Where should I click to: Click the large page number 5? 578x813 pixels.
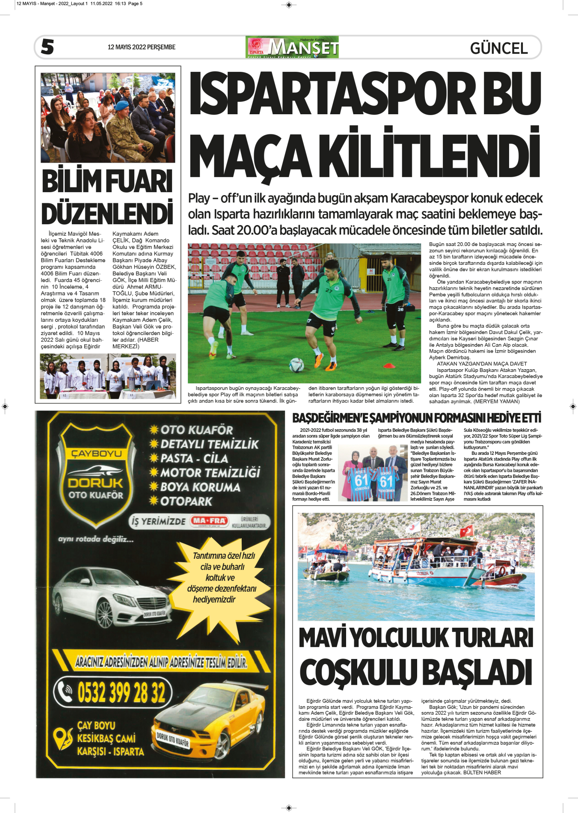pyautogui.click(x=47, y=47)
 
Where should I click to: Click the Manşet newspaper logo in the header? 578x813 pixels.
pyautogui.click(x=292, y=47)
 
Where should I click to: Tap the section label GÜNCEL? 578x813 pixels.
pyautogui.click(x=498, y=48)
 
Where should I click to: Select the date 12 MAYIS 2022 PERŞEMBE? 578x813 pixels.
pyautogui.click(x=141, y=47)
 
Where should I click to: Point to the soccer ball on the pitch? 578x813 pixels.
pyautogui.click(x=296, y=365)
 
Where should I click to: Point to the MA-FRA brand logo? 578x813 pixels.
pyautogui.click(x=209, y=521)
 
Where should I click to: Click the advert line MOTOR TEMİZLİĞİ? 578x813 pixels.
pyautogui.click(x=210, y=473)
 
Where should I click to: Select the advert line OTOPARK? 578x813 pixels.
pyautogui.click(x=186, y=501)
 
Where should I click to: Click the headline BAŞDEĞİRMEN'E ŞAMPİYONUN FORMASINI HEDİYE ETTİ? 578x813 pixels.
pyautogui.click(x=417, y=418)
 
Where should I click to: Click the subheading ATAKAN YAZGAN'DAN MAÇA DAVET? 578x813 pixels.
pyautogui.click(x=482, y=364)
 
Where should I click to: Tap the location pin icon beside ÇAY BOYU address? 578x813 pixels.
pyautogui.click(x=64, y=738)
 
